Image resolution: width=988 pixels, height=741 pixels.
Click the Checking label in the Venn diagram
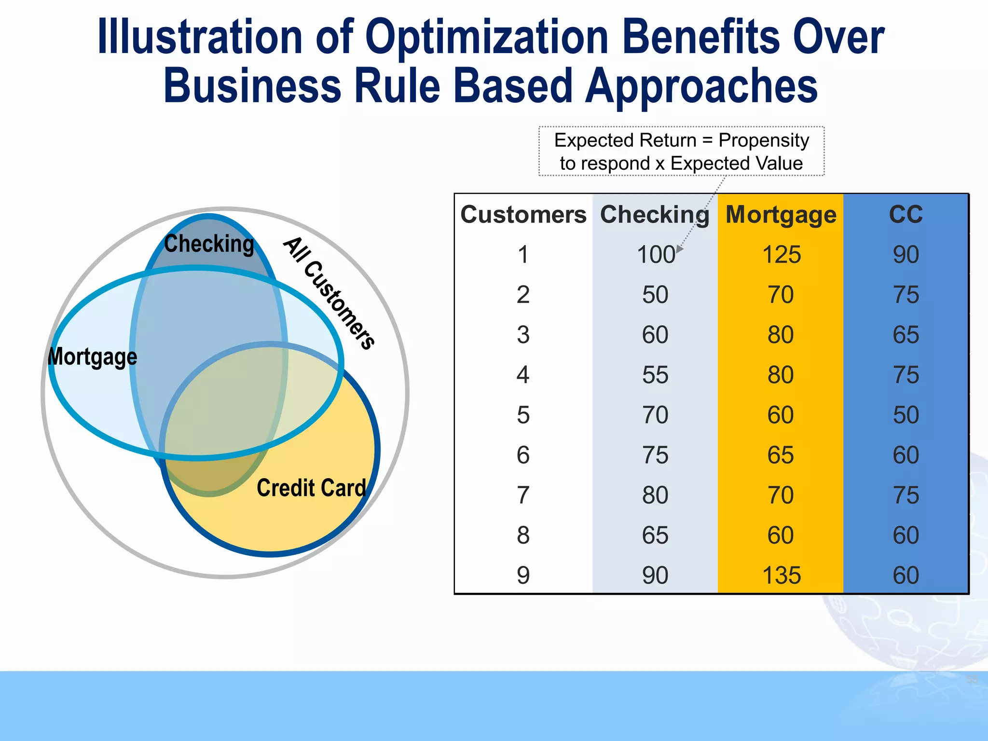coord(209,244)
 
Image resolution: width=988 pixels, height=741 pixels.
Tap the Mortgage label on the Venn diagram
coord(93,357)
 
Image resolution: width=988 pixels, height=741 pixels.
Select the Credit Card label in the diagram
coord(311,488)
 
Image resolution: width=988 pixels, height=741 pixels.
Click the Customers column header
coord(523,214)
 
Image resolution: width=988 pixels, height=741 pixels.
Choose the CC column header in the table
coord(906,214)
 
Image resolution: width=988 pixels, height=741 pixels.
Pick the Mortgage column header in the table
coord(781,215)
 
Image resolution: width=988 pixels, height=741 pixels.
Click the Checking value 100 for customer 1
coord(655,255)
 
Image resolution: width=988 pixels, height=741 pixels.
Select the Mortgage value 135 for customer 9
coord(781,576)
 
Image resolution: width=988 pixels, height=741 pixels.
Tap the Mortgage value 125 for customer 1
coord(781,255)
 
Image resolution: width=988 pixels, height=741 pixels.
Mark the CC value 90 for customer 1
coord(906,255)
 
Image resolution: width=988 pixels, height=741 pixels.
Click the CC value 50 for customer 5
coord(906,415)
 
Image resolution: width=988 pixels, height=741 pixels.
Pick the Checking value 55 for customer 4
coord(655,375)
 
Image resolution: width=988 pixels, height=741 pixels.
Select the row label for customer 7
coord(523,495)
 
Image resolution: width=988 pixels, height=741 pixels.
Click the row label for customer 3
coord(523,335)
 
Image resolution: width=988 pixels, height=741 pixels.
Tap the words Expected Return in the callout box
coord(625,140)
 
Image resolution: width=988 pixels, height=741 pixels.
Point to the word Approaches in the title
coord(701,86)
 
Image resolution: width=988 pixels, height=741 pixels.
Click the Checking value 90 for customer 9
coord(655,576)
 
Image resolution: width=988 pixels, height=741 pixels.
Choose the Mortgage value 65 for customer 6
coord(781,455)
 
